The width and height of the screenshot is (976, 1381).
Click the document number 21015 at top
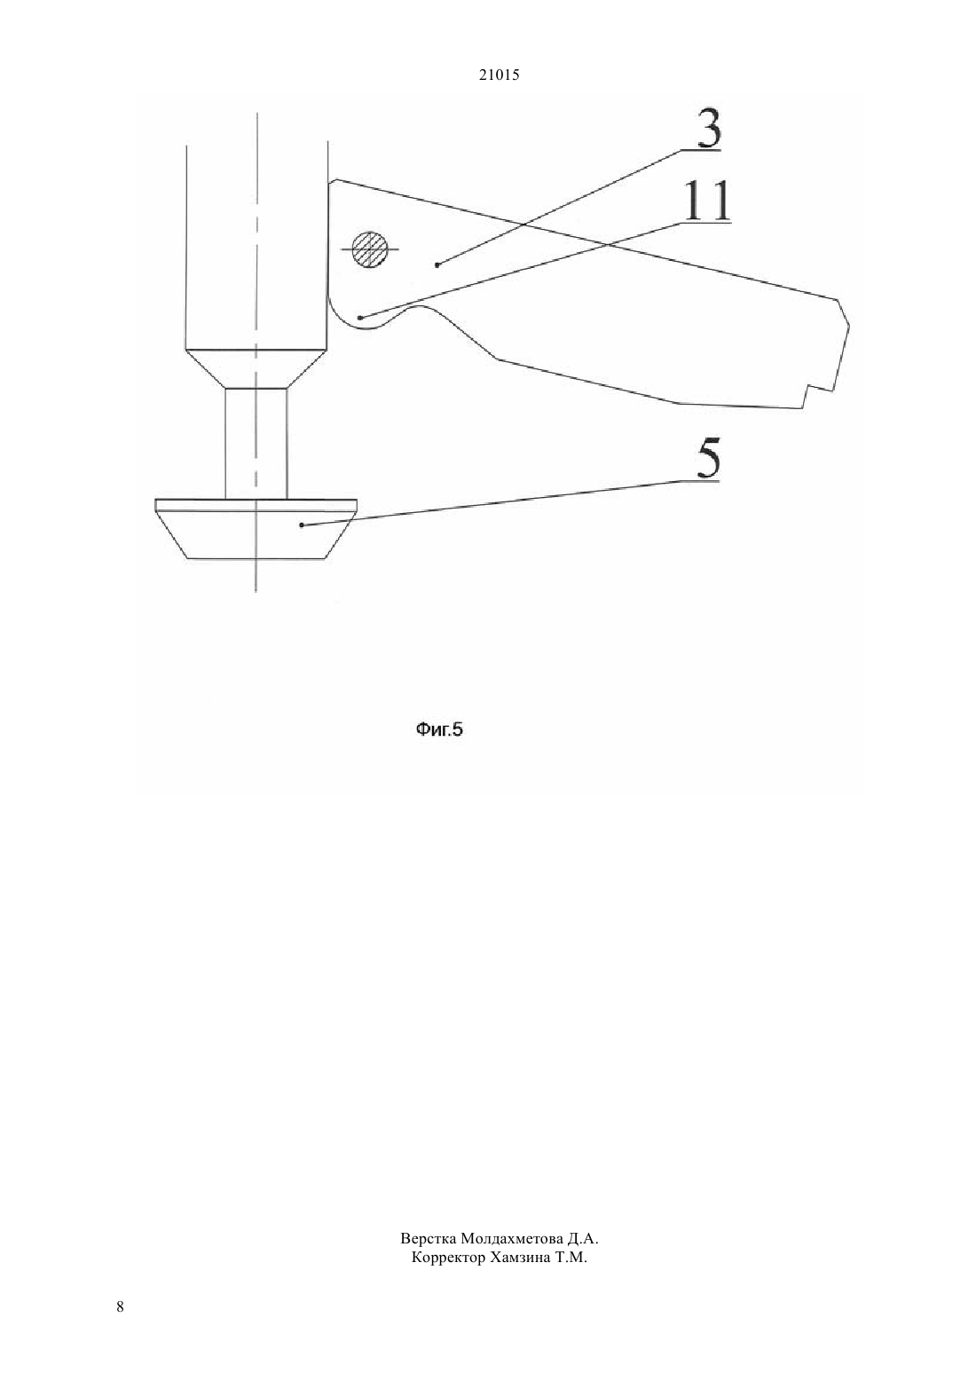point(499,75)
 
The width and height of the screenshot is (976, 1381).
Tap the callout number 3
point(709,129)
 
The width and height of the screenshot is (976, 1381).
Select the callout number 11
point(707,201)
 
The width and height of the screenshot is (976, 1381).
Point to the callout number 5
point(707,460)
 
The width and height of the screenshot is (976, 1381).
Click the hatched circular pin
point(369,249)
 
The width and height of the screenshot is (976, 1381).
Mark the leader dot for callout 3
point(437,265)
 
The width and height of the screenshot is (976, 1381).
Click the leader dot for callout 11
point(360,318)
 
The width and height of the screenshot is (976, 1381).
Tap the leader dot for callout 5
point(302,525)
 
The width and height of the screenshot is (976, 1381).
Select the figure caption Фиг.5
point(439,730)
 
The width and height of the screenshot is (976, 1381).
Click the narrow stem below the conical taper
point(256,443)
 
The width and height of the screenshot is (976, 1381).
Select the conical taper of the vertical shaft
point(256,368)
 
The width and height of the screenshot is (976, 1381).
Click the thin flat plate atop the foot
point(256,505)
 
